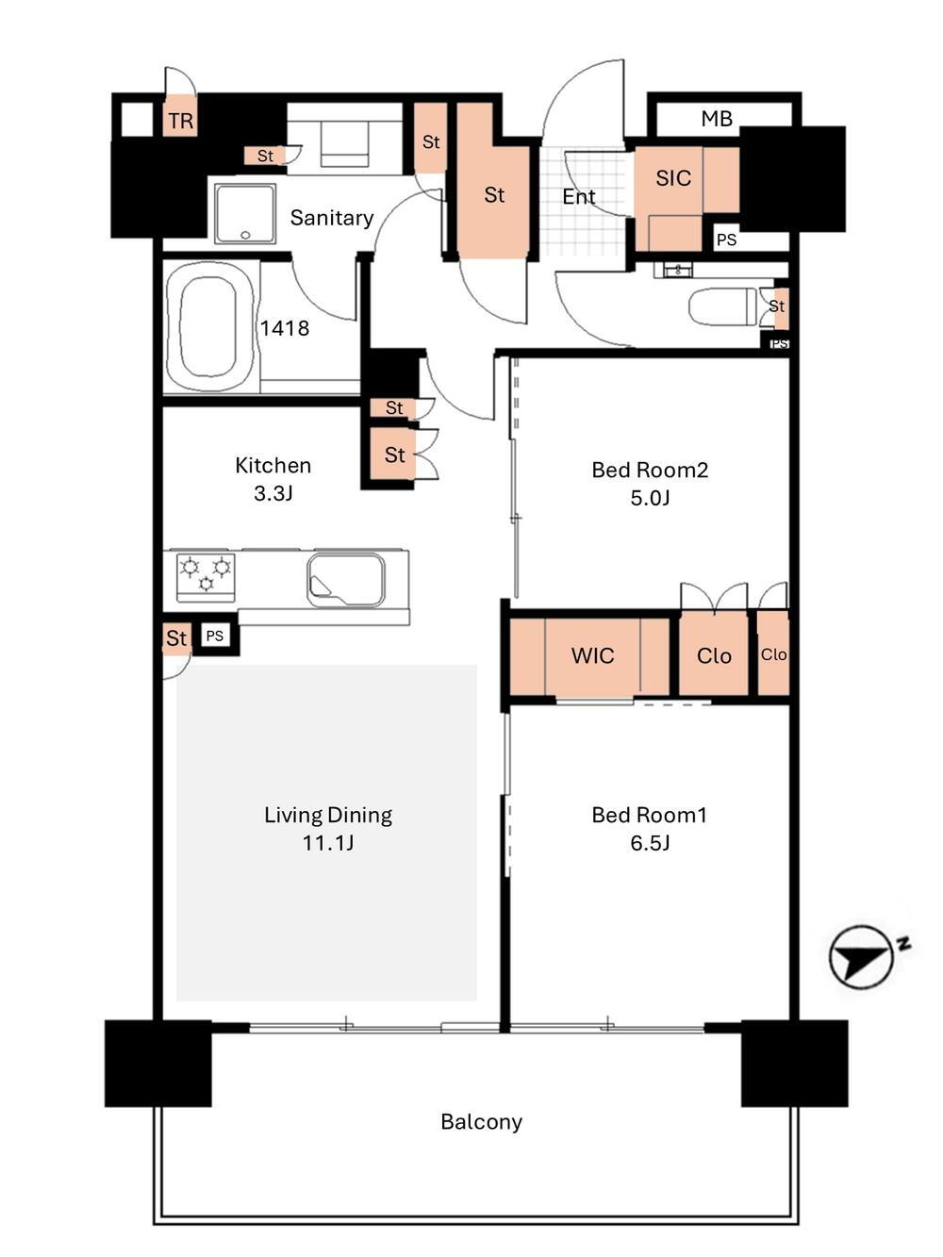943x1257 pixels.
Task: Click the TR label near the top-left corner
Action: tap(181, 122)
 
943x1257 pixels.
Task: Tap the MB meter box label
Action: tap(717, 119)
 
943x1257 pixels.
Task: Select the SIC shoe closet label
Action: tap(672, 178)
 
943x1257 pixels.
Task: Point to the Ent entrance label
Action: tap(579, 197)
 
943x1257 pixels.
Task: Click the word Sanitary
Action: tap(332, 218)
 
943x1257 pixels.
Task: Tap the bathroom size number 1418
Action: tap(285, 328)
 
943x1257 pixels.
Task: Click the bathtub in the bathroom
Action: tap(209, 327)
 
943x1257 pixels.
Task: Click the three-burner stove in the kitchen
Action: tap(206, 577)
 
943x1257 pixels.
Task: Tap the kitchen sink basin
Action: tap(346, 579)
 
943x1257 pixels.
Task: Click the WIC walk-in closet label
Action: tap(592, 655)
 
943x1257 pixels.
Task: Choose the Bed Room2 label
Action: tap(650, 470)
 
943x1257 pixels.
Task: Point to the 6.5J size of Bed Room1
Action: tap(650, 843)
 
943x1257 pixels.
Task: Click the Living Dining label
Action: tap(328, 815)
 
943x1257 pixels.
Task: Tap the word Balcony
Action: tap(481, 1122)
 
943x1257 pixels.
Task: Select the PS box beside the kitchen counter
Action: tap(215, 636)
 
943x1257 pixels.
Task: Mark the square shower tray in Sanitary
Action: tap(245, 214)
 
